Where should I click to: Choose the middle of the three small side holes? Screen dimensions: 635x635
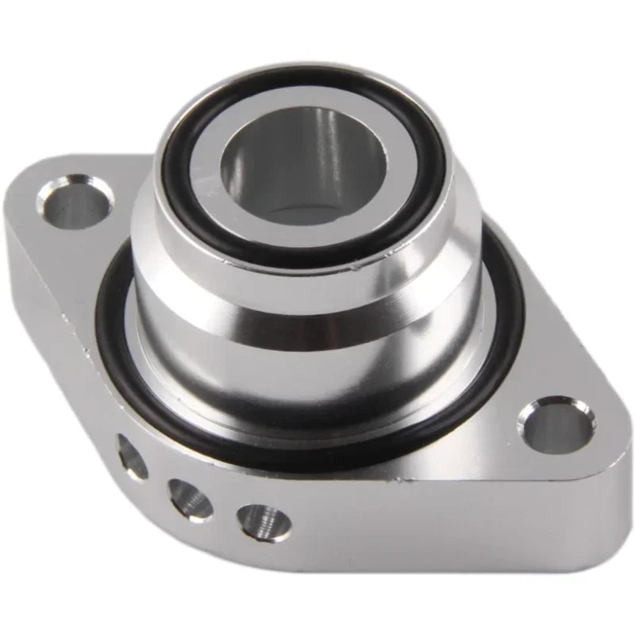(190, 498)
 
